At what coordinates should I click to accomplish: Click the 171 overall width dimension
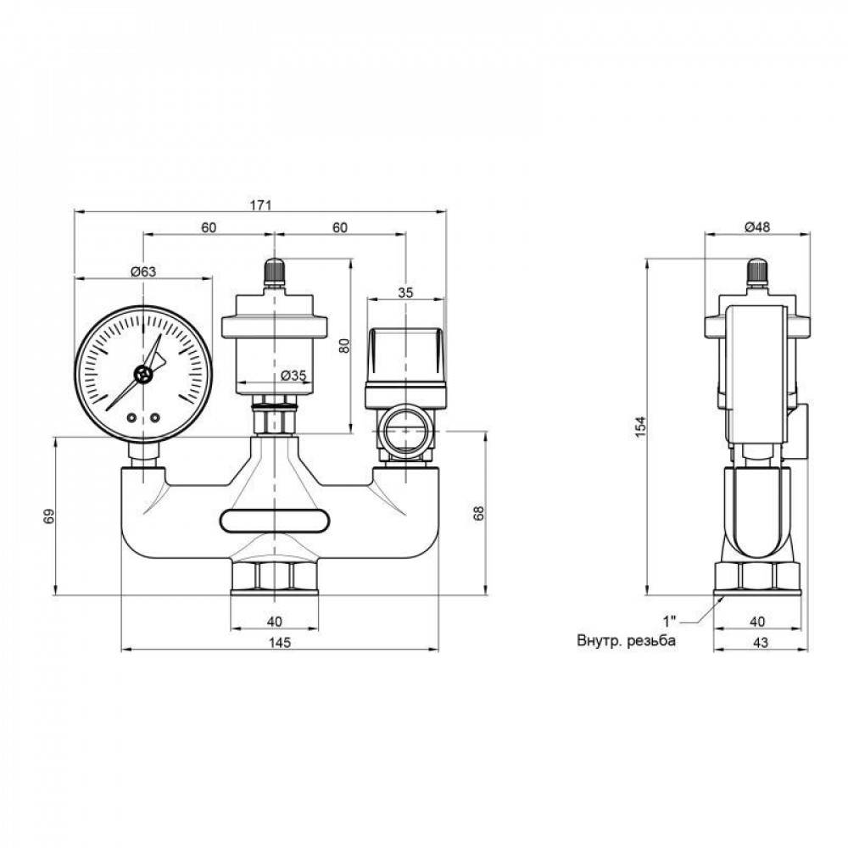click(x=260, y=205)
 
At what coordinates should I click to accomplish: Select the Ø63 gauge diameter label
click(x=142, y=271)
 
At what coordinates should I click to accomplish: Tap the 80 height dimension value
click(x=343, y=346)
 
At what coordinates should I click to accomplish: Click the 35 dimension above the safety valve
click(x=405, y=293)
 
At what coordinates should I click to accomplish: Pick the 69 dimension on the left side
click(x=48, y=516)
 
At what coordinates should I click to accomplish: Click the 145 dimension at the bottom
click(x=279, y=643)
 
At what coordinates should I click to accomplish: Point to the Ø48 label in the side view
click(x=756, y=226)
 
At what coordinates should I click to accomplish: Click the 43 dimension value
click(x=759, y=643)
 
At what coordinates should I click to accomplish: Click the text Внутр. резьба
click(x=626, y=642)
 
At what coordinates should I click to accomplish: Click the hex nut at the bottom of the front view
click(x=275, y=577)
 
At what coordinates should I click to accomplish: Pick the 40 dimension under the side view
click(x=757, y=621)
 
